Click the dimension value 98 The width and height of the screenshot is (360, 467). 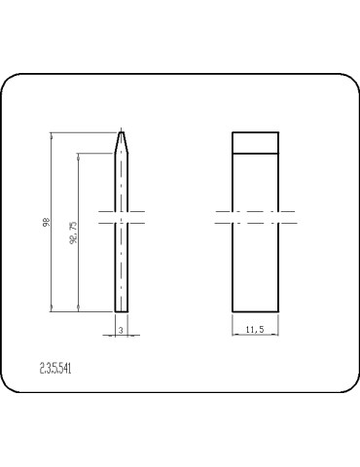(x=47, y=222)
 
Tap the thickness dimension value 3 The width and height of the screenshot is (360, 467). (x=119, y=331)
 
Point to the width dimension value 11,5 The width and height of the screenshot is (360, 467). (x=255, y=331)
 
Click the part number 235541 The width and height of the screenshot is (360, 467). (x=55, y=369)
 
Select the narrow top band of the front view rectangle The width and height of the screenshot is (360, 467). (x=256, y=142)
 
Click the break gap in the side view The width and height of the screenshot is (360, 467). (x=121, y=216)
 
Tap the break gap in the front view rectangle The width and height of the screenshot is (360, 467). (x=256, y=216)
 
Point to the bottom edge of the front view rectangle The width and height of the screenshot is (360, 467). (x=256, y=311)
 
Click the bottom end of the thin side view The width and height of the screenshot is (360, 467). (x=121, y=311)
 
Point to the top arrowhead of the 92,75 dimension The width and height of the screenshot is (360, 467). (x=79, y=154)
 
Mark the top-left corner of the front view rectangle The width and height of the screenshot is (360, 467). (x=233, y=131)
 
